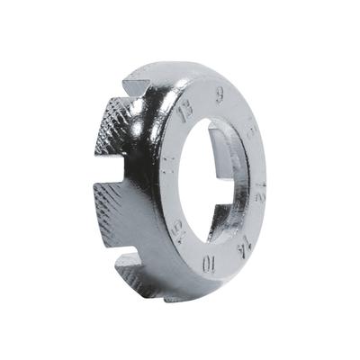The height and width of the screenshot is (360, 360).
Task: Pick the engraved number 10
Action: (x=207, y=264)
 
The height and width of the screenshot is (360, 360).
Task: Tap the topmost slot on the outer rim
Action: (x=137, y=88)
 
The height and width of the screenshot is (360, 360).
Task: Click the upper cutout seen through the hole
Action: (x=225, y=144)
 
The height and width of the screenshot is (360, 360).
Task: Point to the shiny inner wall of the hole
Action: (x=236, y=184)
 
